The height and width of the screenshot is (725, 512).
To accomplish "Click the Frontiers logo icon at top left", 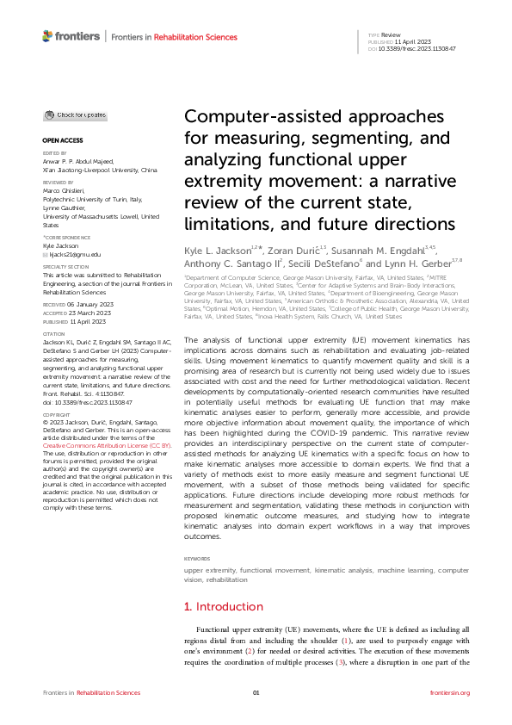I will pos(47,36).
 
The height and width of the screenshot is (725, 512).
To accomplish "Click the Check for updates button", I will pos(76,115).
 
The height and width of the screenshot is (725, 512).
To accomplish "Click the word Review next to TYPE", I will pos(379,34).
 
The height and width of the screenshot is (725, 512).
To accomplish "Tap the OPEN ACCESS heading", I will pos(62,139).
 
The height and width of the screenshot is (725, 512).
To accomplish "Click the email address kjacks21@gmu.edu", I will pos(71,254).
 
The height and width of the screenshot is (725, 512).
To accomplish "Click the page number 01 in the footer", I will pos(256,692).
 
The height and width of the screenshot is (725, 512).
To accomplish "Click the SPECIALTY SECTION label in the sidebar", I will pos(65,266).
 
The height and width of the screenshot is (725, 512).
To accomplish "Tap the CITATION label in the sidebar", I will pos(53,333).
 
